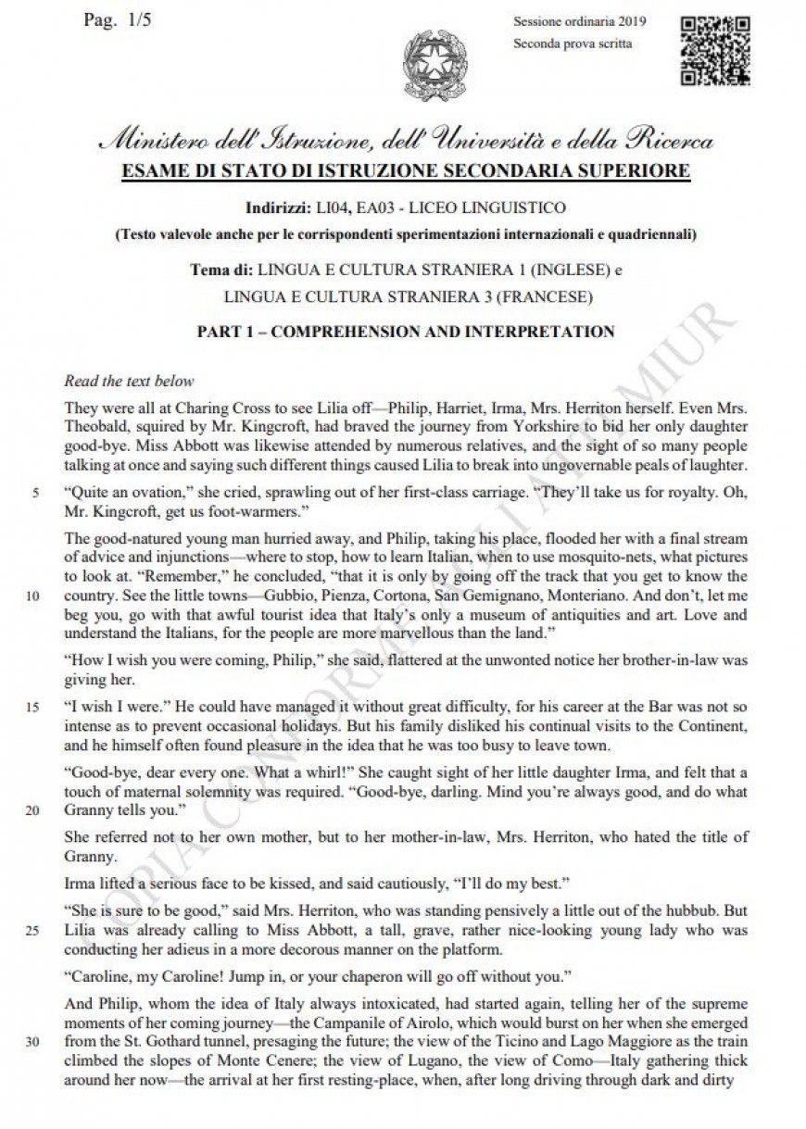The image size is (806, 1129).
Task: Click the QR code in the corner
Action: click(x=714, y=50)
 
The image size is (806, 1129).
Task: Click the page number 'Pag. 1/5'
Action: click(x=117, y=21)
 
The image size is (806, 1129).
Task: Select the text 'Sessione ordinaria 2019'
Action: click(x=579, y=22)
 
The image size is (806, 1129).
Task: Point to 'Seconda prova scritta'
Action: click(x=573, y=44)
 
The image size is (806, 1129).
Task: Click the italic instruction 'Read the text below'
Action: click(x=129, y=381)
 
